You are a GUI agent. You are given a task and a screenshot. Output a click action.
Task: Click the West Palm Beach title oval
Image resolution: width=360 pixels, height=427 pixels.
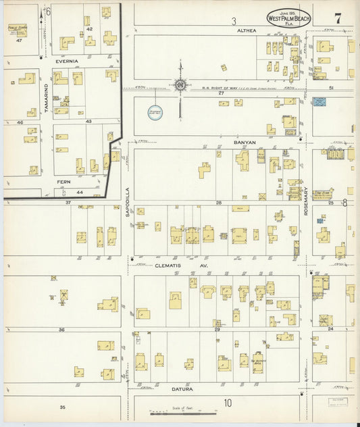(x=288, y=19)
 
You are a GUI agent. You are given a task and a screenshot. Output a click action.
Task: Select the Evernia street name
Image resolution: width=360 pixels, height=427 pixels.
(x=67, y=61)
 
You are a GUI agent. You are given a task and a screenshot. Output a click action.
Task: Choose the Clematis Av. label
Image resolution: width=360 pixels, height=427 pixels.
(x=175, y=267)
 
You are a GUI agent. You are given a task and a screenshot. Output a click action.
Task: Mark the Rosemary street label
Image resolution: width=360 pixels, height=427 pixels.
(x=306, y=201)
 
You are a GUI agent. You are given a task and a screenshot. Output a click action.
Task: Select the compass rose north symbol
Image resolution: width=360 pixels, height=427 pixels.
(x=180, y=85)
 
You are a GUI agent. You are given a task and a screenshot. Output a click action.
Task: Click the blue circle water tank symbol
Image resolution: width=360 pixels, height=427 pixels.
(x=155, y=111)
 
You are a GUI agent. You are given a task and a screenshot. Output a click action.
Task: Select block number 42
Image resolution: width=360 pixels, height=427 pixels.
(x=89, y=30)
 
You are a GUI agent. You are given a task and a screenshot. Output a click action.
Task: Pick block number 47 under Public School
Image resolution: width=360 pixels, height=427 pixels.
(x=20, y=41)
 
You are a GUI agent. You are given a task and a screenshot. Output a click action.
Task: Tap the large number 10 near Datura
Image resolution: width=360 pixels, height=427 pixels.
(x=228, y=403)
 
